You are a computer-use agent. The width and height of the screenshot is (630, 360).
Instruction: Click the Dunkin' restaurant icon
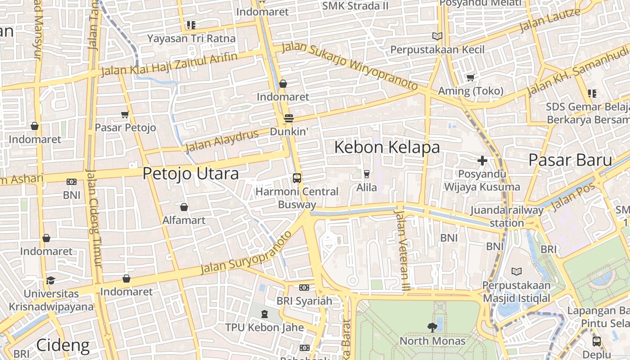(289, 118)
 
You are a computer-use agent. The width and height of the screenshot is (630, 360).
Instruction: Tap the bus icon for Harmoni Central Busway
(297, 178)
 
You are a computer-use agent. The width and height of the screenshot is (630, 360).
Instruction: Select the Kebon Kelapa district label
(387, 147)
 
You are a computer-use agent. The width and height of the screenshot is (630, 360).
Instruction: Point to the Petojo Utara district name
(190, 174)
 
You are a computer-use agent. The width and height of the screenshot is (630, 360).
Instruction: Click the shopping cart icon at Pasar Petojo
(125, 115)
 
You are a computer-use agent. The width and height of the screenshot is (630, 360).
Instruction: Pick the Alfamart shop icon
(184, 207)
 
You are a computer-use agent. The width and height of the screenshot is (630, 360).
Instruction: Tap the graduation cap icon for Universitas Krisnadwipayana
(50, 280)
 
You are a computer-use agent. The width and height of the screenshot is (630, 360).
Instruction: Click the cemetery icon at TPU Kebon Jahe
(264, 314)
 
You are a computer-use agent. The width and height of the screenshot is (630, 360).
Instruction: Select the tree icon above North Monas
(432, 328)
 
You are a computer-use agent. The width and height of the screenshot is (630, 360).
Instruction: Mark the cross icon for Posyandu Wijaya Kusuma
(482, 161)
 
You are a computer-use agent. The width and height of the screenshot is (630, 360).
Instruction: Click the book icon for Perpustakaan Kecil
(437, 36)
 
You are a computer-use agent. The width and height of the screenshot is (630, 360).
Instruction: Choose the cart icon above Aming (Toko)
(470, 78)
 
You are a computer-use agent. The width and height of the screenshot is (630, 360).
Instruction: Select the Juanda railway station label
(507, 216)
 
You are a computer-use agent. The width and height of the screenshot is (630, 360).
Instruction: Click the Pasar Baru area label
(570, 160)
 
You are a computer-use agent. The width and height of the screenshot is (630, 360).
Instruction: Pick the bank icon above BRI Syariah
(304, 288)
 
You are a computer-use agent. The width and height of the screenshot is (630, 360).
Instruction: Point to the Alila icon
(366, 174)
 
